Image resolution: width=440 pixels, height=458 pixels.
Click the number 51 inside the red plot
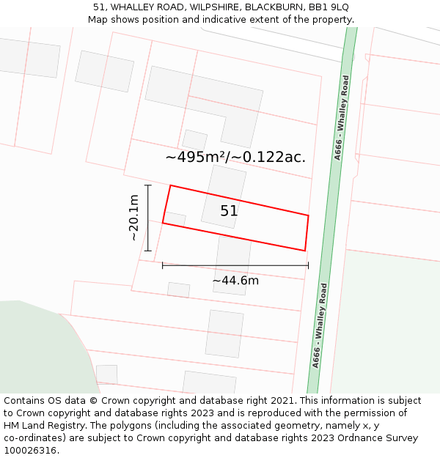[x=229, y=211]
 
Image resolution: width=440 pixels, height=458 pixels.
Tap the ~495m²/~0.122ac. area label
[x=235, y=157]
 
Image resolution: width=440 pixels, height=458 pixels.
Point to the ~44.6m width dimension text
[x=235, y=280]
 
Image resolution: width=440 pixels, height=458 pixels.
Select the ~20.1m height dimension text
[x=133, y=218]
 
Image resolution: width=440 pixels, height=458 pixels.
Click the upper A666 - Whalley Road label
[x=342, y=117]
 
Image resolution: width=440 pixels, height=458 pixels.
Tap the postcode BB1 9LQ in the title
[x=329, y=7]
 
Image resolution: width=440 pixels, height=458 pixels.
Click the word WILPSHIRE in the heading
[x=214, y=7]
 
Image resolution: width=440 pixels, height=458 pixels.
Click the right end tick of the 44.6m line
[x=308, y=265]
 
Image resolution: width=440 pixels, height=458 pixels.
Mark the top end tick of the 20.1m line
[x=147, y=185]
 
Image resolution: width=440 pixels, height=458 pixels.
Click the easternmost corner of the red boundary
[x=308, y=215]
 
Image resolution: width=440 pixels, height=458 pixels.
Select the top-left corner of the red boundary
[x=170, y=185]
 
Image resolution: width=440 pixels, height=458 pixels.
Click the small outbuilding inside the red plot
[x=175, y=219]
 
